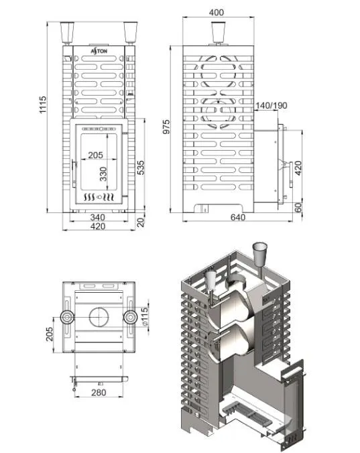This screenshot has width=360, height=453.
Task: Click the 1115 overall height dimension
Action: pyautogui.click(x=43, y=105)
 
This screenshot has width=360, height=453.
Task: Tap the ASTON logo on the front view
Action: pyautogui.click(x=99, y=51)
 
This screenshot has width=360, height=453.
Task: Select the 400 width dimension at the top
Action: pyautogui.click(x=216, y=13)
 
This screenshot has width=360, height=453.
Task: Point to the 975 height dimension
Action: pyautogui.click(x=166, y=127)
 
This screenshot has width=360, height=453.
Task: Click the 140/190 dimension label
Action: pyautogui.click(x=272, y=105)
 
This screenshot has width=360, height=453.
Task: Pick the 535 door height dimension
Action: pyautogui.click(x=141, y=168)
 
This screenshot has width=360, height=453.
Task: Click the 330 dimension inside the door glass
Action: pyautogui.click(x=103, y=174)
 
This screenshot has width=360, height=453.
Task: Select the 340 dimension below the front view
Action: pyautogui.click(x=98, y=217)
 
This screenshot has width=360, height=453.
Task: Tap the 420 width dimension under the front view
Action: pyautogui.click(x=98, y=226)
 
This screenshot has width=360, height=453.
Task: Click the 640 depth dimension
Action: pyautogui.click(x=237, y=217)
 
